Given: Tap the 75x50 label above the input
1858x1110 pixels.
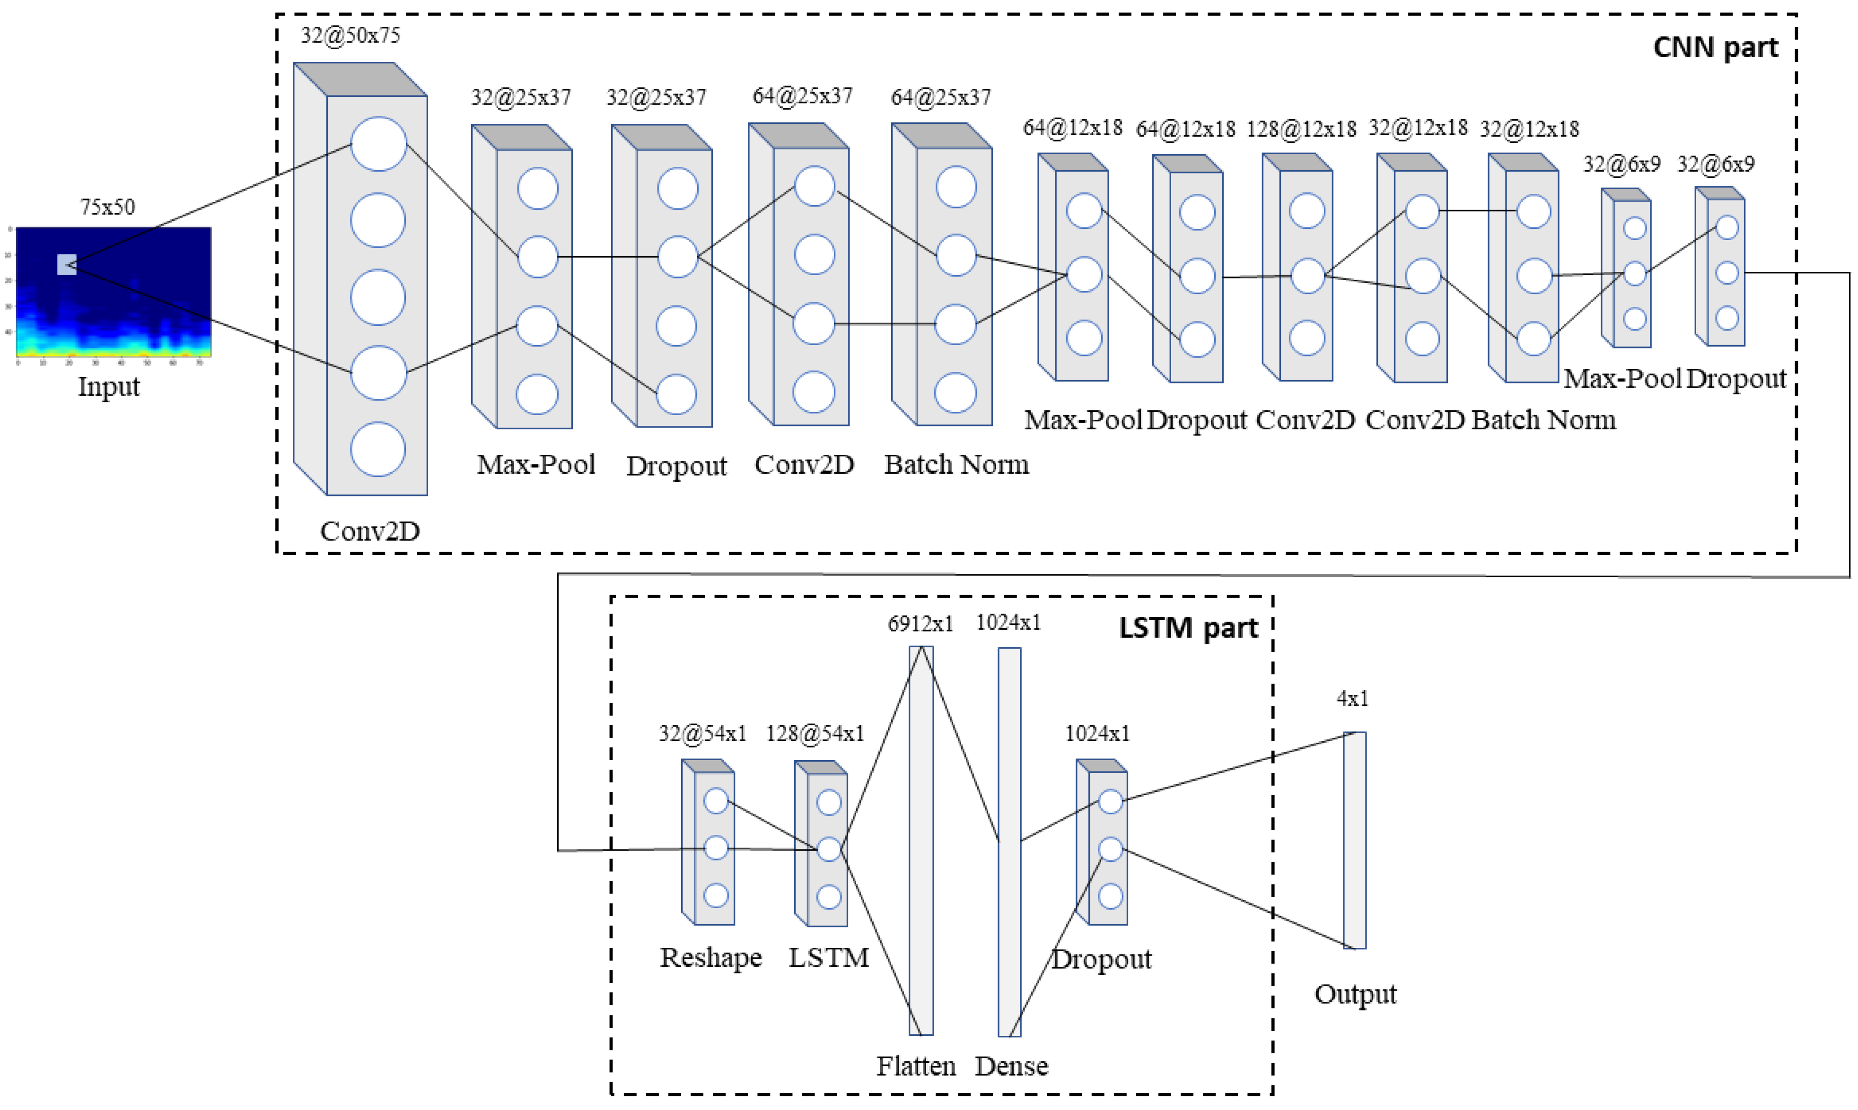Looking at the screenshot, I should (108, 207).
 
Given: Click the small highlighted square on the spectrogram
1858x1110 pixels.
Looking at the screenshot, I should (67, 265).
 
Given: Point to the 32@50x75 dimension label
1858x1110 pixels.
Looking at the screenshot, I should (350, 35).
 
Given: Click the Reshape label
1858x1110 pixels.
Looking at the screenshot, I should (710, 957).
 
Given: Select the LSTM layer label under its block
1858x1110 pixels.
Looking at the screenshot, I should (828, 957).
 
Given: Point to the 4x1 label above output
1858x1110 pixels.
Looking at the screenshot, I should (1352, 699).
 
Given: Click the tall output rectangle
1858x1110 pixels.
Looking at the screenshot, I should (1354, 840).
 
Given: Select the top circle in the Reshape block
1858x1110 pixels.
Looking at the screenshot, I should (716, 801).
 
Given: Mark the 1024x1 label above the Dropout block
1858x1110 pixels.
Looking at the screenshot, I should (1097, 734).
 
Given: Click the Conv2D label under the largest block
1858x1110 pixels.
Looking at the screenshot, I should (369, 531).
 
